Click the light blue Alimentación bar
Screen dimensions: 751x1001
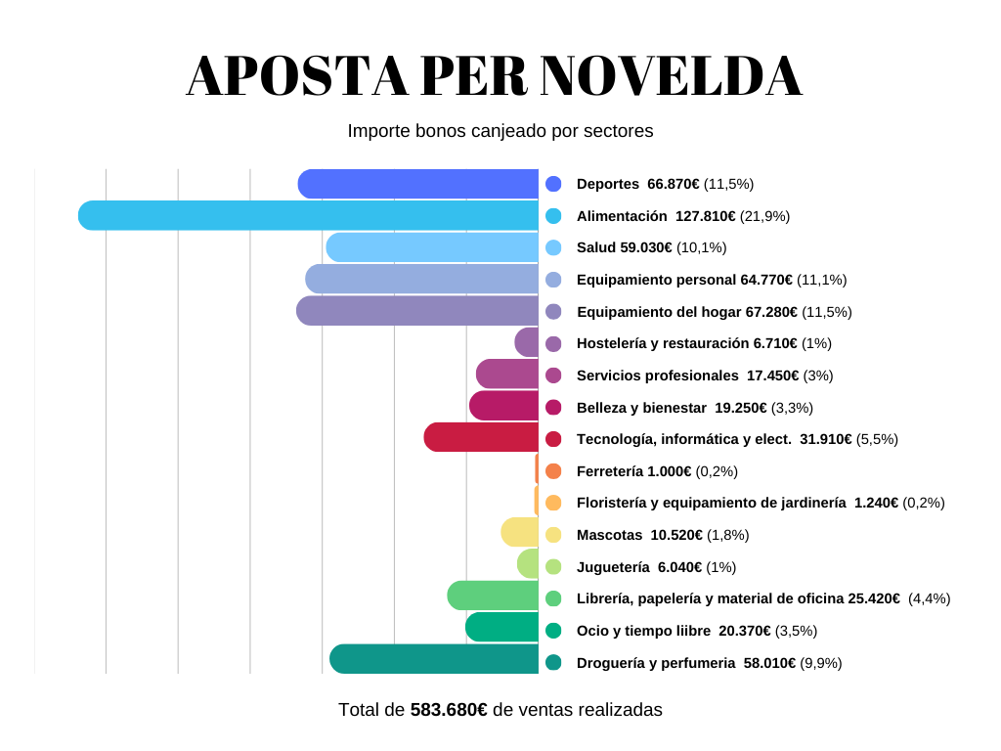308,215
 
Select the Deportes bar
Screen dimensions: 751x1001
418,184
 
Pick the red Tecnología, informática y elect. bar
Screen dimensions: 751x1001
481,437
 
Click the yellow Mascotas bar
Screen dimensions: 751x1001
520,532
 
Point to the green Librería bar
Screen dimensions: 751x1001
493,596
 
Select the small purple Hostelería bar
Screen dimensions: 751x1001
528,342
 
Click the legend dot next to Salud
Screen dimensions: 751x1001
553,247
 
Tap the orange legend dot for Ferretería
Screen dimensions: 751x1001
553,471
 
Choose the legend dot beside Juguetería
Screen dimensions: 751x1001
553,567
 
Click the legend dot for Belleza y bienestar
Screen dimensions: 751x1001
553,408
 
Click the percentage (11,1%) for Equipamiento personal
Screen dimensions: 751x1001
821,280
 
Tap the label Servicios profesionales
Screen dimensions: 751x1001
658,375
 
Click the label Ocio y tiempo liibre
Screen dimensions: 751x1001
644,631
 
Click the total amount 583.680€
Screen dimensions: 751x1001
449,710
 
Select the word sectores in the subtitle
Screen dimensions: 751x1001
622,130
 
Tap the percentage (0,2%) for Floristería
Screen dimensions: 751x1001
923,503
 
